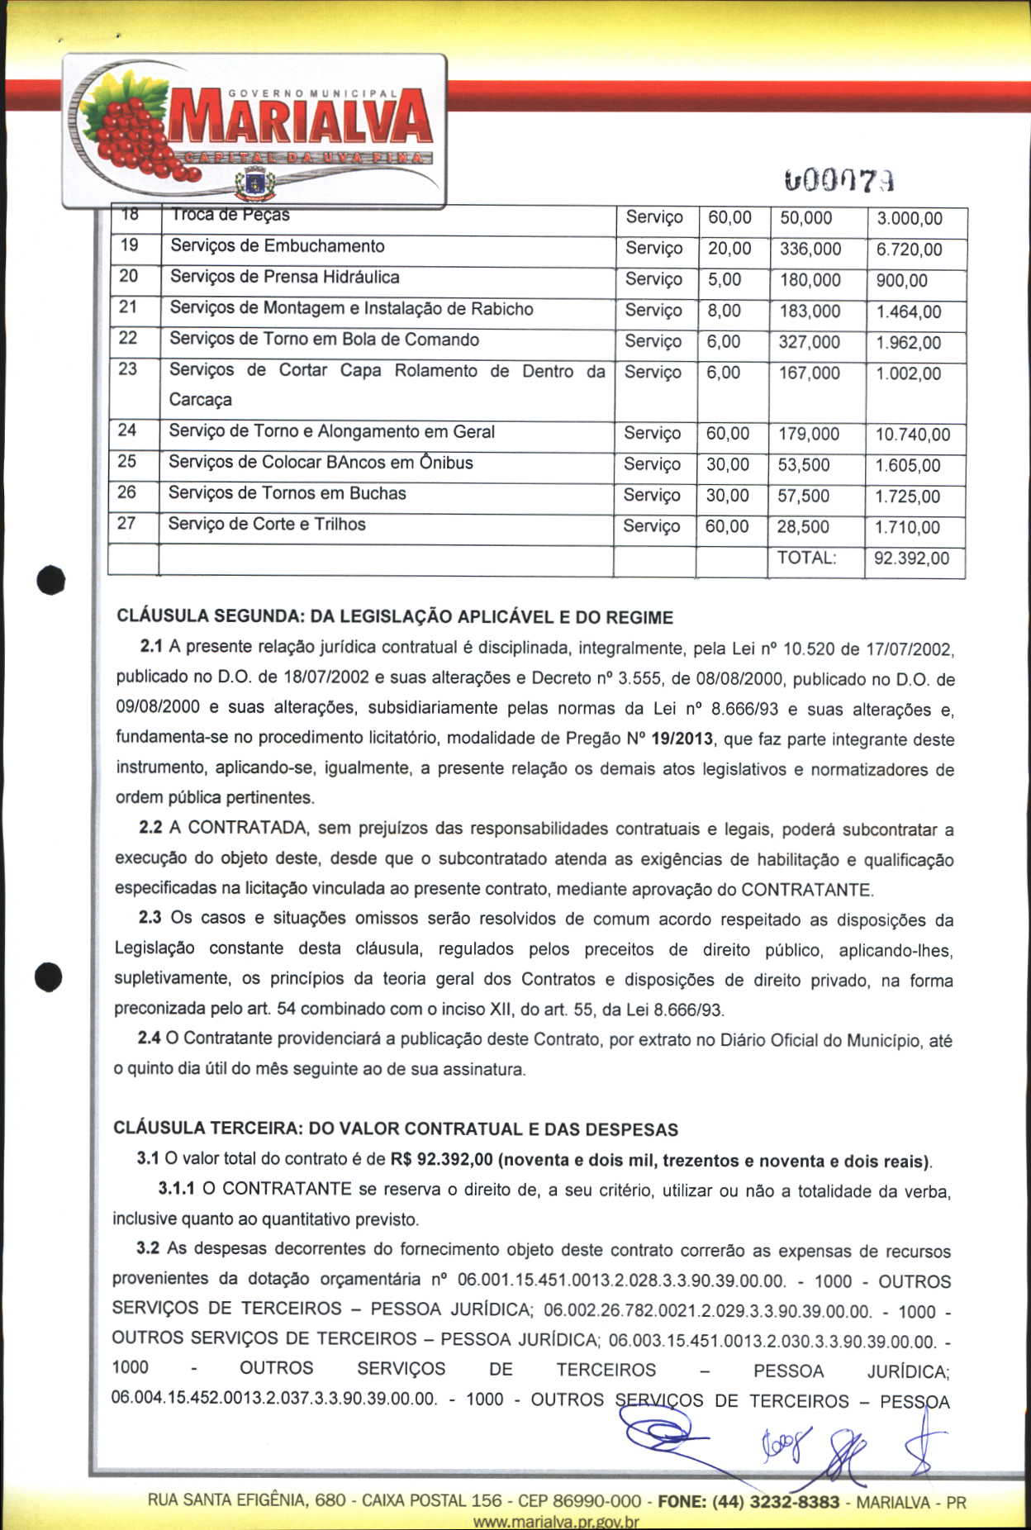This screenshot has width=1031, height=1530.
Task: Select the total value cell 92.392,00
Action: click(911, 558)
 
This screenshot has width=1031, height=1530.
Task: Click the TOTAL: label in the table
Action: click(806, 558)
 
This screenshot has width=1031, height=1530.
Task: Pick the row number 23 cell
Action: click(128, 369)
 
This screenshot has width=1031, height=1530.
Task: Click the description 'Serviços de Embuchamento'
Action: click(277, 246)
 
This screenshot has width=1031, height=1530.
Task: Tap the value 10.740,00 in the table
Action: click(912, 435)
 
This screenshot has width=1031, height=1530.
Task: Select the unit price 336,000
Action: click(810, 249)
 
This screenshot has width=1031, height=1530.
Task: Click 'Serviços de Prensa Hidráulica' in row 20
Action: click(284, 277)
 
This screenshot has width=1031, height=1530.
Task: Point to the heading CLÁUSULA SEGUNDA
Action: click(394, 617)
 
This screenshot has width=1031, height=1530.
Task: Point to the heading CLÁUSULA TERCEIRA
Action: click(395, 1128)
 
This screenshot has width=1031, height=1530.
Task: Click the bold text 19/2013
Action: click(682, 739)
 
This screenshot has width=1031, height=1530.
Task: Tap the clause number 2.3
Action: click(150, 917)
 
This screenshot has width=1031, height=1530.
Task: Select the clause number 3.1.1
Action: click(176, 1189)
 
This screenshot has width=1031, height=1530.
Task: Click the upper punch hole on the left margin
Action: click(50, 579)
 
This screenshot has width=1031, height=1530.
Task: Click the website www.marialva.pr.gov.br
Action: click(555, 1522)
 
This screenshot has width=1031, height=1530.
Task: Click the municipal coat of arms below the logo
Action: click(254, 183)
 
